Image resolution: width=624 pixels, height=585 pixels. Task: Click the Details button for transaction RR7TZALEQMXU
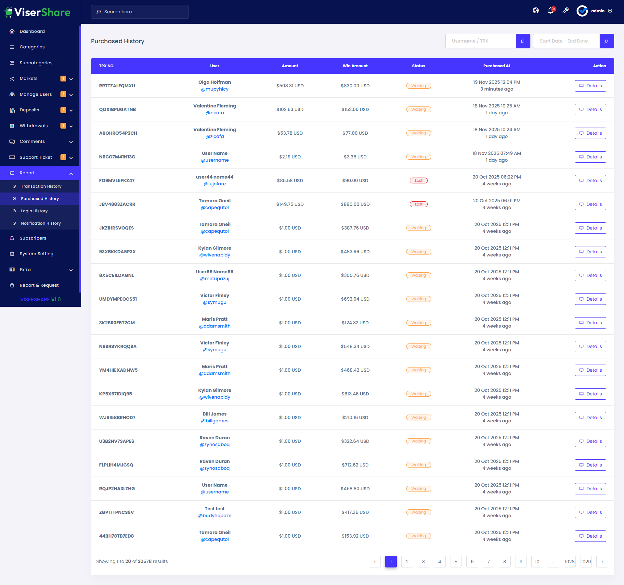click(x=590, y=86)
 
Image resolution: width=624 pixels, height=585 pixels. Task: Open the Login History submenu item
click(x=34, y=211)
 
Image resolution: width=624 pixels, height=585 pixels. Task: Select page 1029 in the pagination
click(x=586, y=562)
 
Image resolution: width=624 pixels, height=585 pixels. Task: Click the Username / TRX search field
click(x=480, y=41)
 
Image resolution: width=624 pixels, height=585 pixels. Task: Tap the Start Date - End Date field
click(x=566, y=41)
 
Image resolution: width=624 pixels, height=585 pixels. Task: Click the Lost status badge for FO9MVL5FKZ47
click(x=419, y=180)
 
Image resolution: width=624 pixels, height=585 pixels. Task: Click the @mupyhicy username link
click(x=214, y=89)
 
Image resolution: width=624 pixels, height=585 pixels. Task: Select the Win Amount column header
click(x=355, y=66)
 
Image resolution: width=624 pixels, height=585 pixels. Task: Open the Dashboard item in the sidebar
click(x=32, y=31)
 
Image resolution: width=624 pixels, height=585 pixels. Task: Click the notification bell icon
click(x=551, y=11)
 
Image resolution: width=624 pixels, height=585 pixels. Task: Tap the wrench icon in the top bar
click(x=565, y=11)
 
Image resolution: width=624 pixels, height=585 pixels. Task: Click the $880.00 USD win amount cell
click(x=355, y=204)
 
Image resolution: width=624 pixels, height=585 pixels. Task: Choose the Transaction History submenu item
click(x=41, y=186)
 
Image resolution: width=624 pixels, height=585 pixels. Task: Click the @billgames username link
click(x=214, y=421)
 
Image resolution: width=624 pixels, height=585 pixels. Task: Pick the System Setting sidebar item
click(x=36, y=254)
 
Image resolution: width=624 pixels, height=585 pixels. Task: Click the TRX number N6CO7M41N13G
click(x=117, y=157)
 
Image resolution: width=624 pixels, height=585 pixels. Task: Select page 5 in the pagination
click(x=456, y=562)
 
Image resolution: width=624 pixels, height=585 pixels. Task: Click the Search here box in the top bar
click(x=140, y=12)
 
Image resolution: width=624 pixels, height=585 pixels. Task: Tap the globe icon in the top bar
click(x=536, y=11)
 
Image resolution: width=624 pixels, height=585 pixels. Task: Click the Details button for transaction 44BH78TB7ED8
click(x=590, y=536)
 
